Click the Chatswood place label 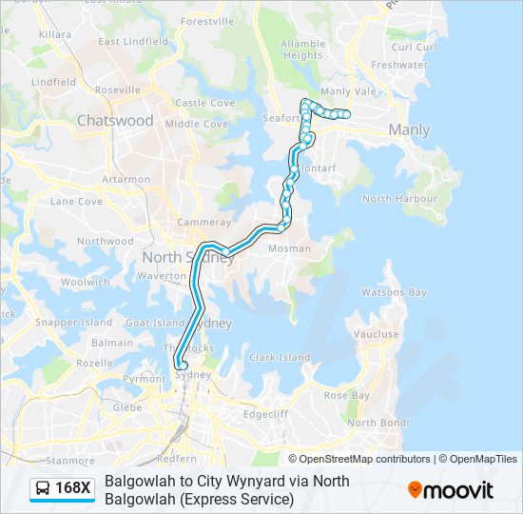114,121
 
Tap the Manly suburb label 409,130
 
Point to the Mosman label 290,248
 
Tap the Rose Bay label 346,395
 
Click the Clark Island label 280,358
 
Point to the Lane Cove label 76,202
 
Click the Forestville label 206,21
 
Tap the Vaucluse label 377,334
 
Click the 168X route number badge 73,489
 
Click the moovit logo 451,490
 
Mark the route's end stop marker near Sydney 181,363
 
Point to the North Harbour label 390,199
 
